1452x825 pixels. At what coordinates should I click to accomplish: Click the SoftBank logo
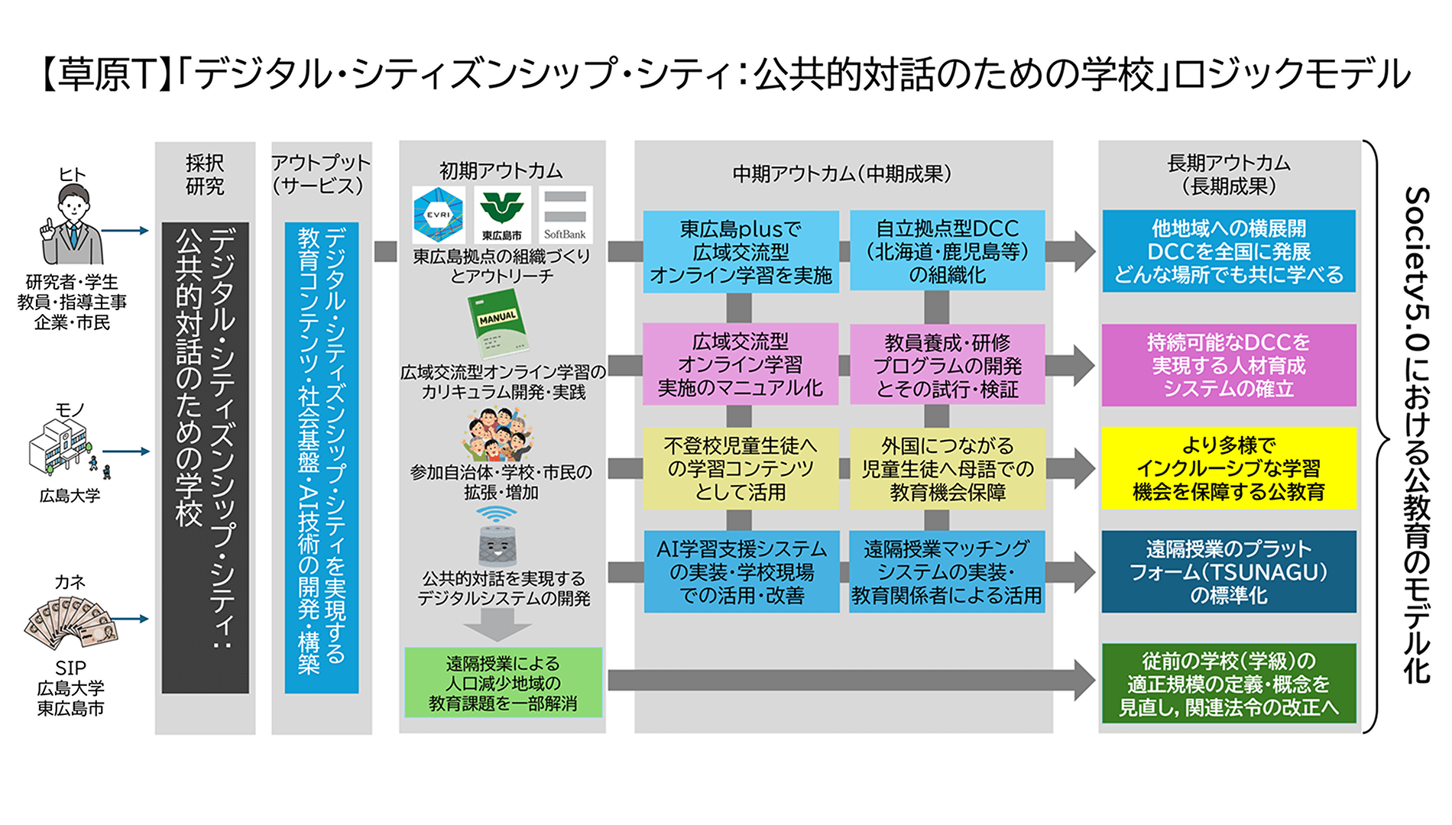click(565, 215)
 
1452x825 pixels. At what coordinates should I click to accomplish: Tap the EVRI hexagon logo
click(438, 215)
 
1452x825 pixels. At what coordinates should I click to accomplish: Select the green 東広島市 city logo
click(501, 215)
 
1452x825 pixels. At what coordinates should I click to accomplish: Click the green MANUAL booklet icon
click(498, 325)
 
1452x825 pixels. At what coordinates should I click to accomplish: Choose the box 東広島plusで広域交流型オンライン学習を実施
click(741, 251)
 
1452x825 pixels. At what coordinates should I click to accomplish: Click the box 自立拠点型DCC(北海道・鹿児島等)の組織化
click(947, 251)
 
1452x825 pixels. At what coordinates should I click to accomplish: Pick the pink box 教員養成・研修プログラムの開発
click(947, 365)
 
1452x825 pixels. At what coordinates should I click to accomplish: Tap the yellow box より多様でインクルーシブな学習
click(1228, 467)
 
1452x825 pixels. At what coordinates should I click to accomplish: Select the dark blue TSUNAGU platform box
click(1228, 571)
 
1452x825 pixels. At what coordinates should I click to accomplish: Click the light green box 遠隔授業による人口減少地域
click(503, 683)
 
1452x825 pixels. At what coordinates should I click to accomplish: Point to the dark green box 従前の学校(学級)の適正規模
click(1228, 683)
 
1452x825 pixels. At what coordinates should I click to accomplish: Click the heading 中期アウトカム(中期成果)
click(841, 174)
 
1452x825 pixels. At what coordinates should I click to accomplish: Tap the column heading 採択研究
click(205, 174)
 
